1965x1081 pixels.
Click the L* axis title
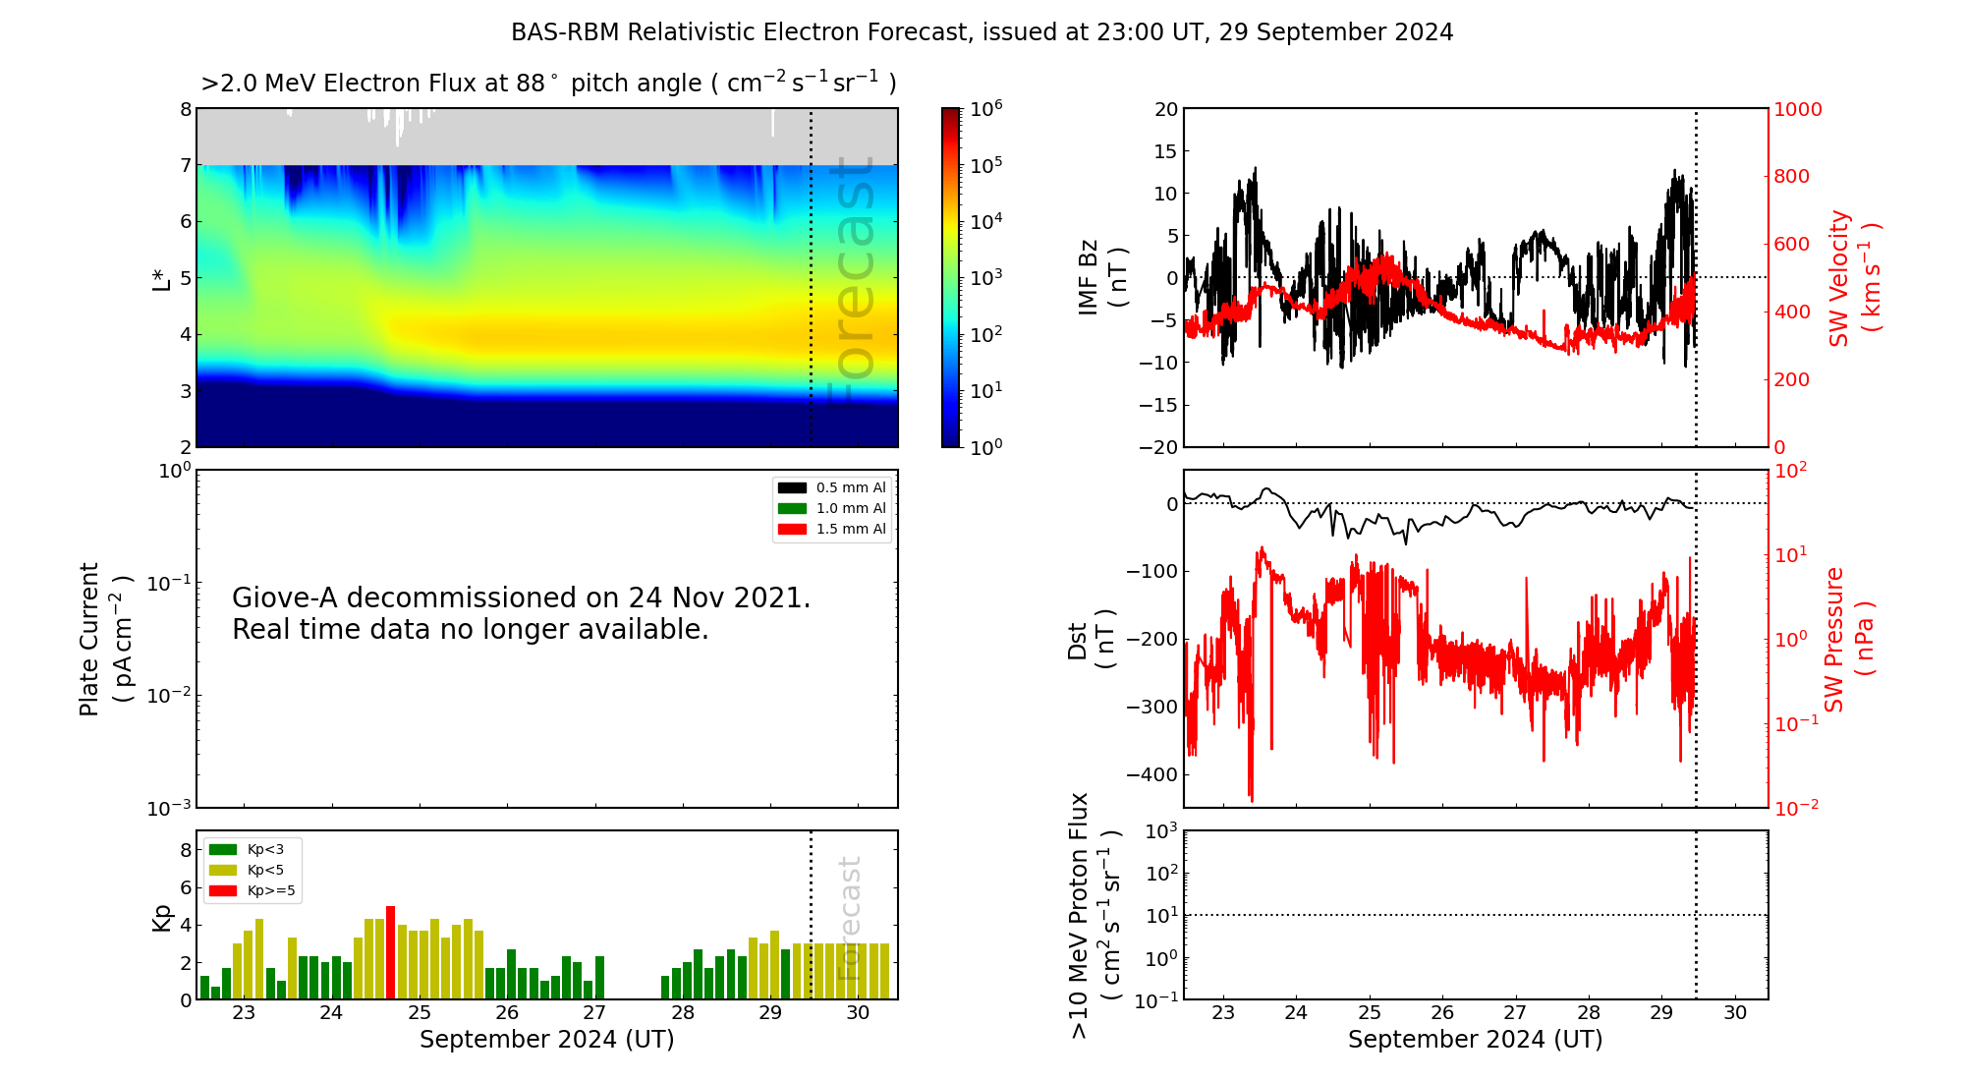pyautogui.click(x=161, y=278)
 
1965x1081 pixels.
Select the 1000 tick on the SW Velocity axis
pyautogui.click(x=1797, y=110)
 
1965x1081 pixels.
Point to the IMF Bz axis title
pyautogui.click(x=1100, y=277)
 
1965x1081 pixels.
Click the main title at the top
pyautogui.click(x=982, y=32)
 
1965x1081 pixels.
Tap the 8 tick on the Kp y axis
pyautogui.click(x=186, y=851)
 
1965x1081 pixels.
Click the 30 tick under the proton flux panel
pyautogui.click(x=1735, y=1013)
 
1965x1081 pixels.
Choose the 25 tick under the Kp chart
pyautogui.click(x=420, y=1013)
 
